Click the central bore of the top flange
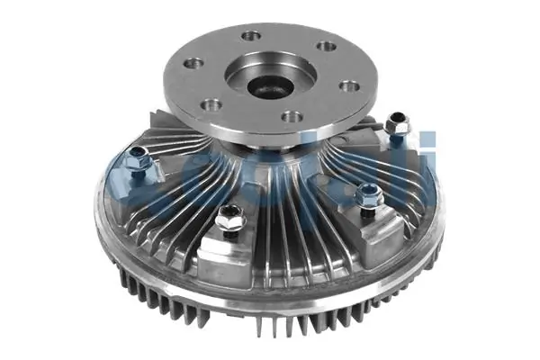point(266,88)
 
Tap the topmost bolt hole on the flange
point(251,37)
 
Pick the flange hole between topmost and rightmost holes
point(328,46)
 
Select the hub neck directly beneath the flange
point(270,151)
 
